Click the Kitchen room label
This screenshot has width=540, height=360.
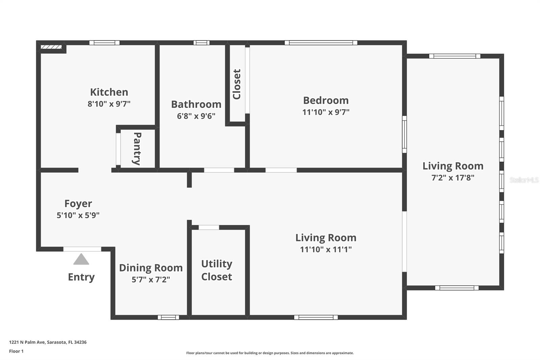point(109,92)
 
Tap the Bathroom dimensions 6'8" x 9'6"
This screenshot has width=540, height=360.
point(196,116)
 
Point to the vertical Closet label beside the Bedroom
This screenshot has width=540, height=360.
point(237,84)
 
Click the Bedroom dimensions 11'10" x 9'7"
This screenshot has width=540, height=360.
point(326,112)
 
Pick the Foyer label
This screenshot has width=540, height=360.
point(78,204)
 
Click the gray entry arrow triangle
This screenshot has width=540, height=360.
point(81,259)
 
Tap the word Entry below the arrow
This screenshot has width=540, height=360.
point(81,277)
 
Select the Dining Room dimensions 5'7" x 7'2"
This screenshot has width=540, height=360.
point(151,280)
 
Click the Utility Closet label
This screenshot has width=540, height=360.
point(216,270)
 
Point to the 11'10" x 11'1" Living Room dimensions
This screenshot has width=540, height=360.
point(326,250)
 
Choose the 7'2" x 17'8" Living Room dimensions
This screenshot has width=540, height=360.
point(453,178)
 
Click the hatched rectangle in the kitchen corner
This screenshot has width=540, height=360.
point(51,47)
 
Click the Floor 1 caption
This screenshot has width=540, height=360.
point(16,351)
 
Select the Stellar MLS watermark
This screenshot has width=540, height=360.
point(524,180)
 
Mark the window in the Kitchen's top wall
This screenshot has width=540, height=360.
point(104,43)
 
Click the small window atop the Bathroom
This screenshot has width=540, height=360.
point(201,43)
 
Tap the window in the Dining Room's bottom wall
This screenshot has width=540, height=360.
point(168,317)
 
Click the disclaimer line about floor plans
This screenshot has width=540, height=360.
point(270,353)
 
